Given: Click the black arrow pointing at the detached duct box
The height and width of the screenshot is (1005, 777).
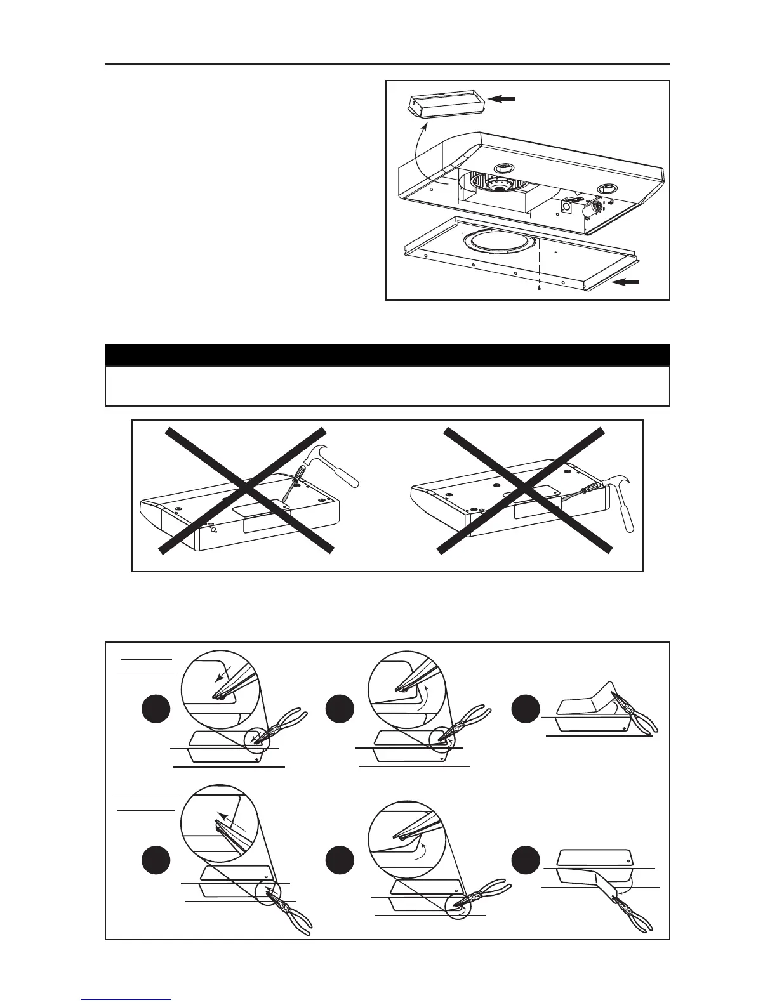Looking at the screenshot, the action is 504,99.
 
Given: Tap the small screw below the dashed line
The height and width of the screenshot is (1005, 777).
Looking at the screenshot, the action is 539,289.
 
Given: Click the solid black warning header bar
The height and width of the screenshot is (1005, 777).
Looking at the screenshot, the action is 387,354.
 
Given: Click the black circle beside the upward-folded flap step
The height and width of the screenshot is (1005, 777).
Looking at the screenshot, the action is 528,709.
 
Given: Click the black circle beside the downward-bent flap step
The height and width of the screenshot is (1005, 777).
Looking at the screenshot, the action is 528,861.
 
